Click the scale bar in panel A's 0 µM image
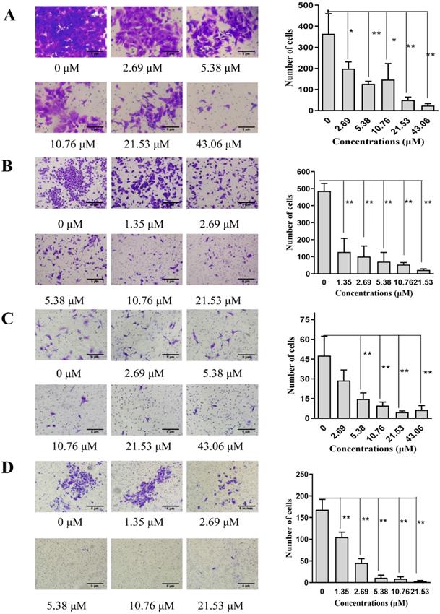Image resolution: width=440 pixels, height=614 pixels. coord(92,51)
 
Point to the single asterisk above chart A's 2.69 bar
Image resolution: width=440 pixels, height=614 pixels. coord(351,31)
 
